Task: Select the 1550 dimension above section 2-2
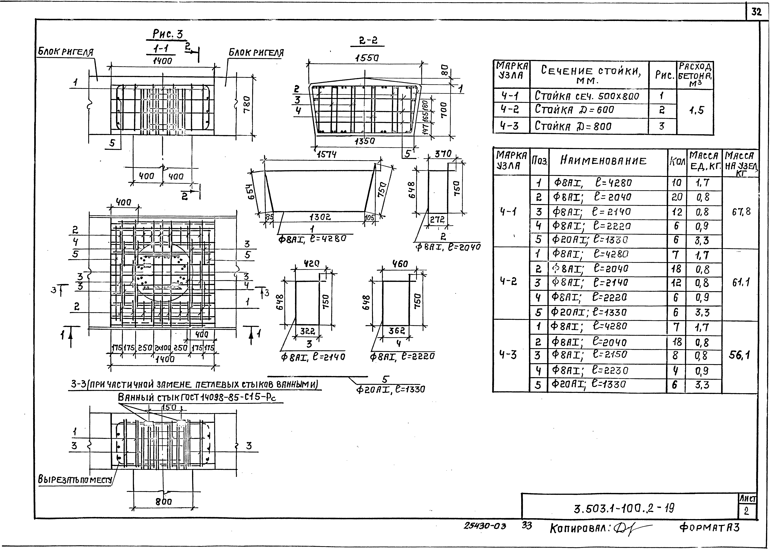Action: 367,58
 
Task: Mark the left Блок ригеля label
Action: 65,52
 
